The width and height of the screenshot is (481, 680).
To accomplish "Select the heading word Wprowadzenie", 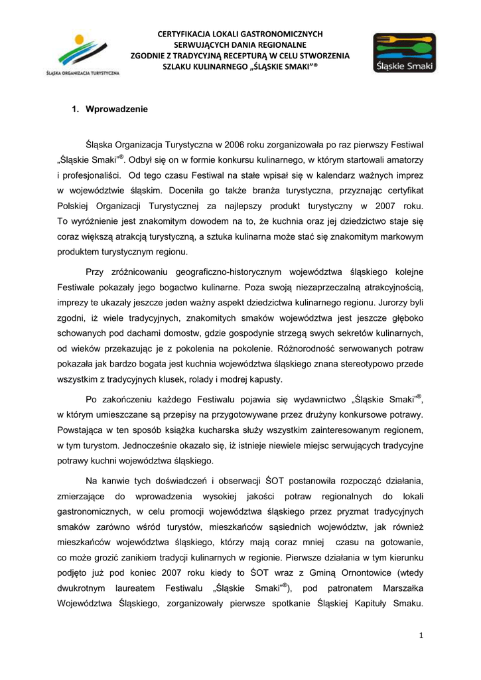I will tap(117, 109).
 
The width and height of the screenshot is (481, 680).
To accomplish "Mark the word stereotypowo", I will tap(366, 363).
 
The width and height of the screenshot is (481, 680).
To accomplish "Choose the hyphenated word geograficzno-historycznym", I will tap(228, 273).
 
